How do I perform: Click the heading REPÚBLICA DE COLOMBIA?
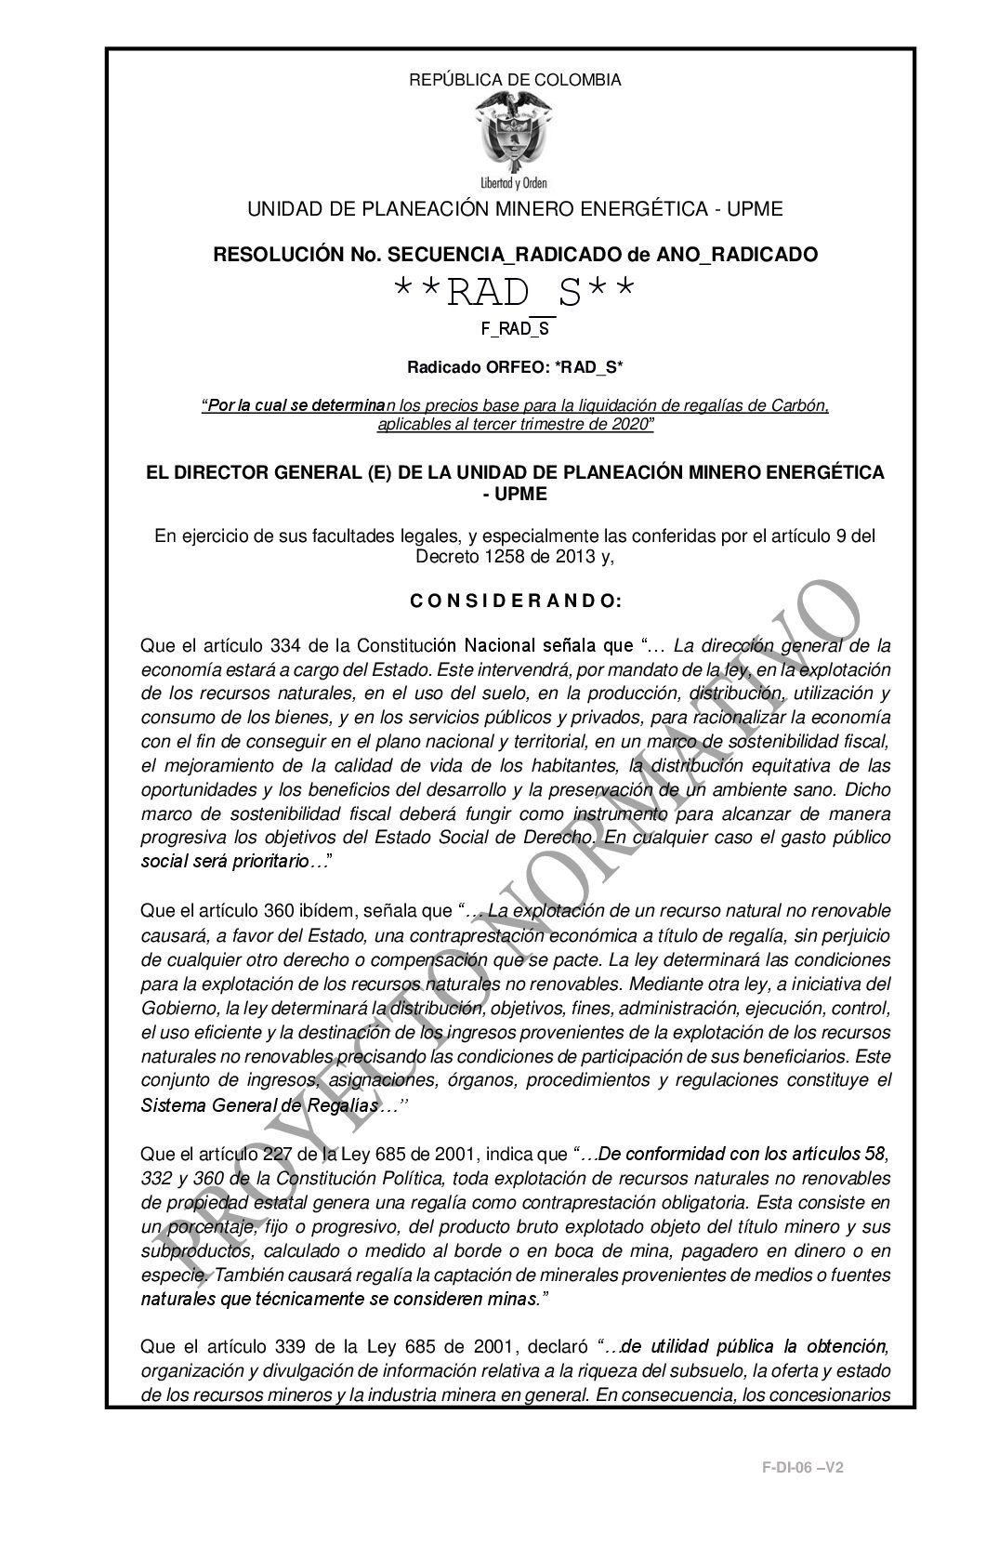pos(515,80)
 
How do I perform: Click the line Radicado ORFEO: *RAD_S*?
pos(515,367)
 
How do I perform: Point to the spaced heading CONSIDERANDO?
pos(515,601)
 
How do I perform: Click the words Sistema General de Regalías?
pos(258,1106)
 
